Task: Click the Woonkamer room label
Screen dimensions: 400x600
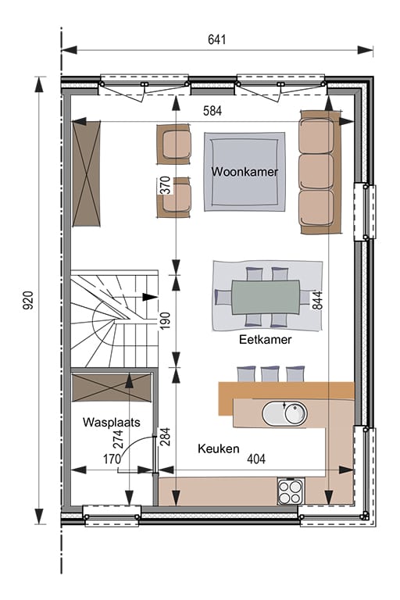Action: [245, 171]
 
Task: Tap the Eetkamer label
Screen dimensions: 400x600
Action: [266, 339]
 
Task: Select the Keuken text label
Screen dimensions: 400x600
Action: [219, 448]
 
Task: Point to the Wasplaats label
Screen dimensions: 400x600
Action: [112, 422]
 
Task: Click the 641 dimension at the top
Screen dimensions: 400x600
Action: [217, 39]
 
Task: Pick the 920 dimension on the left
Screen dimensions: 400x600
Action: [28, 300]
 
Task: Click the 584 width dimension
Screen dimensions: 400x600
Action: [212, 111]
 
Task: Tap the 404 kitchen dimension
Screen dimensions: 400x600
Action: [256, 459]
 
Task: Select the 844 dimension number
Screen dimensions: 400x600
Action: [318, 300]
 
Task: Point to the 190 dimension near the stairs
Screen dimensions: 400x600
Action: [165, 321]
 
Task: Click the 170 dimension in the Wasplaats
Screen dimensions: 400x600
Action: [112, 459]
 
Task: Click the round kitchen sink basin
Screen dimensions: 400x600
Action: [295, 413]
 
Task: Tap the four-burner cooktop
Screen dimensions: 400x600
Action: [291, 492]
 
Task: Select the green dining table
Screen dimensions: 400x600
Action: [266, 298]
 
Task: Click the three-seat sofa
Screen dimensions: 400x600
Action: [320, 172]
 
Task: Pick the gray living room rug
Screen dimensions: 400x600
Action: [245, 172]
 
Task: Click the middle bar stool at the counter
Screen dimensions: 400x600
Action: [270, 374]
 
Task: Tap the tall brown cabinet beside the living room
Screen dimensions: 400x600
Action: [87, 173]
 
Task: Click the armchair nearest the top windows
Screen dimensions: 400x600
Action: [174, 145]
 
